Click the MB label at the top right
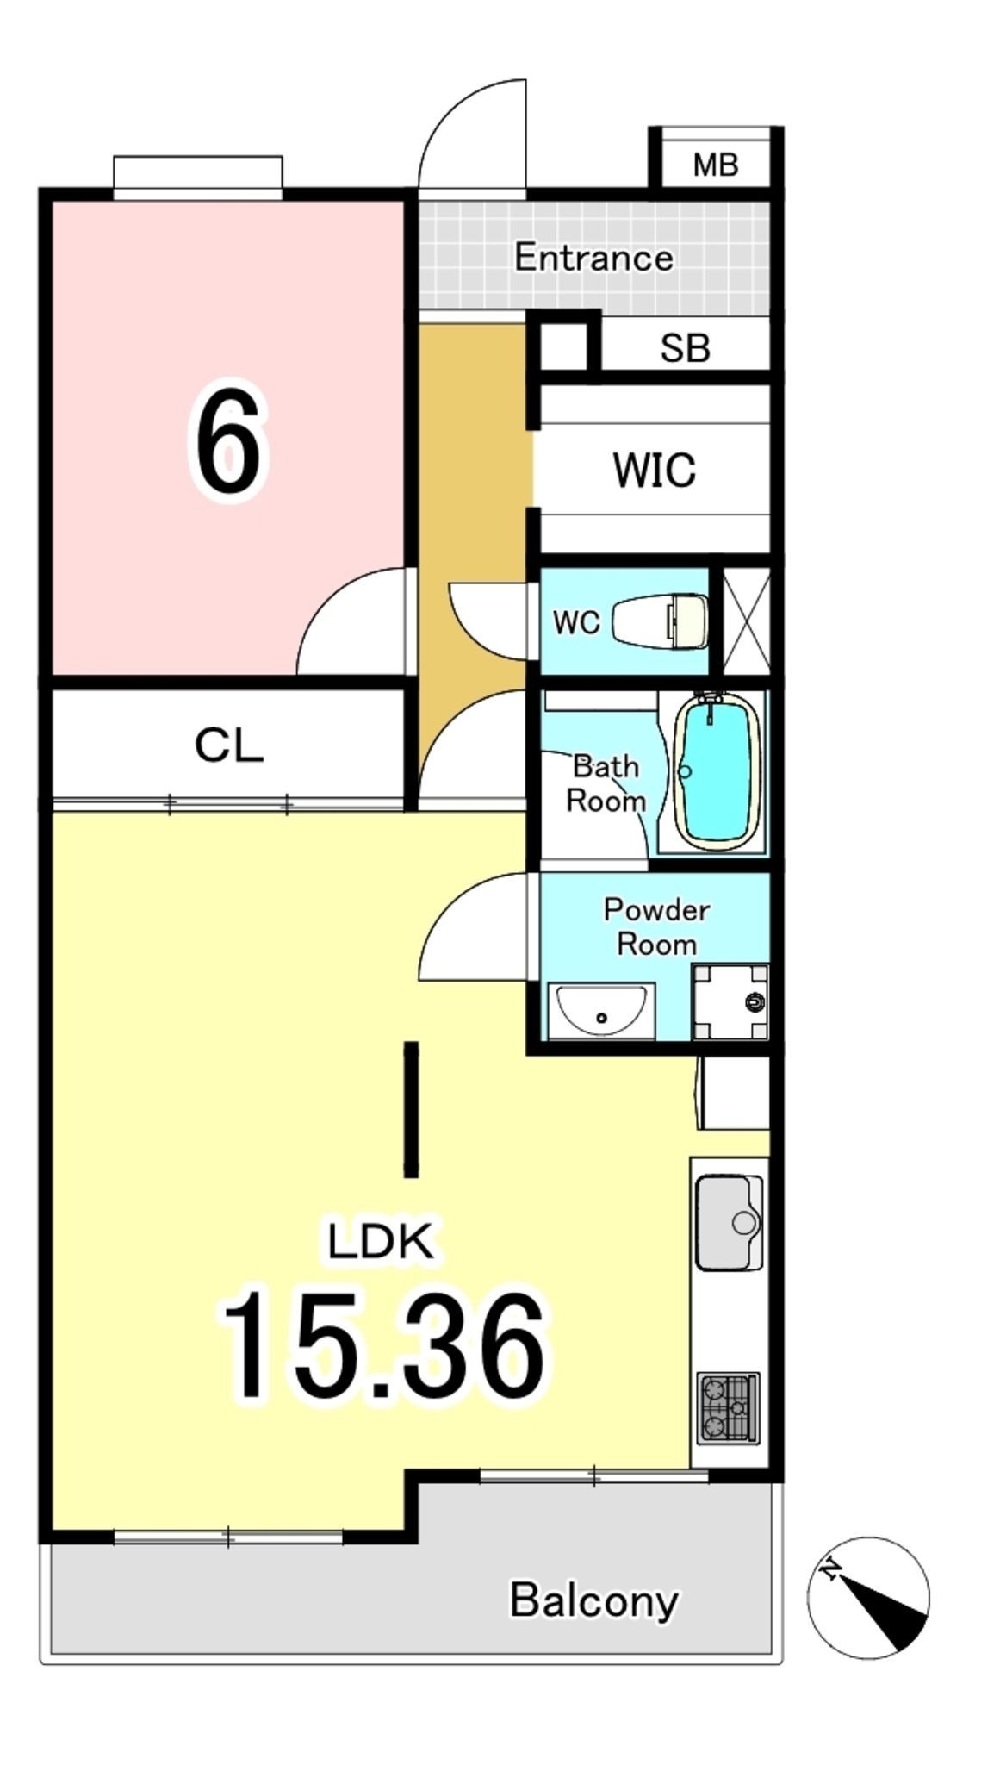pos(715,164)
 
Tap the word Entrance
pos(593,258)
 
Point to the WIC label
pos(654,471)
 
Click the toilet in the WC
pos(661,621)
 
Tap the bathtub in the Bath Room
pos(719,771)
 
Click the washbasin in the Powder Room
pos(601,1010)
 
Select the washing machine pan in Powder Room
pos(730,1001)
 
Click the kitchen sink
pos(730,1223)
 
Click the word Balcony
pos(593,1600)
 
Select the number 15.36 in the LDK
pos(384,1345)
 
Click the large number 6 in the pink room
pos(227,442)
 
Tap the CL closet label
pos(228,745)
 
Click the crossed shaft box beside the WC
pos(745,621)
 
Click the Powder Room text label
pos(656,926)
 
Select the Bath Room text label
pos(606,783)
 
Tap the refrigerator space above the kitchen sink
pos(734,1093)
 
